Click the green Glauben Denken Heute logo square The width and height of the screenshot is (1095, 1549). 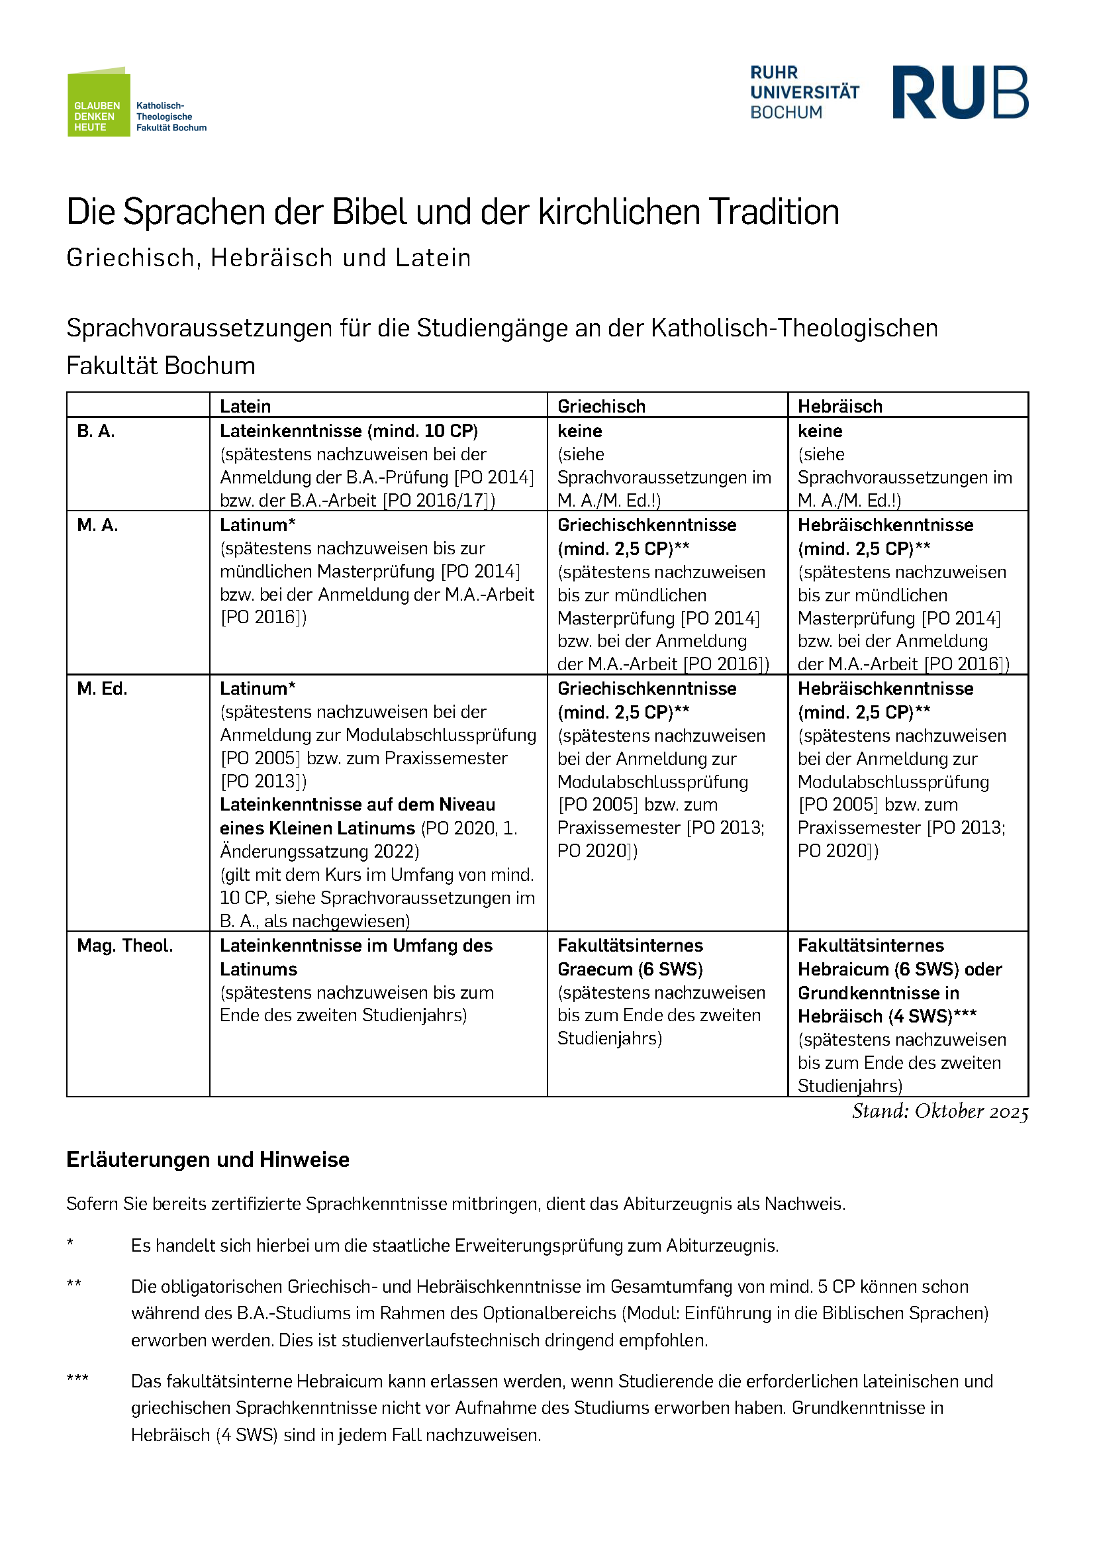coord(99,103)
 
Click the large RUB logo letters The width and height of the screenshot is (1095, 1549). coord(960,93)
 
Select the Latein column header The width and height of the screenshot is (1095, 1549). coord(246,406)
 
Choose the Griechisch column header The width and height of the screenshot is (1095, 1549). coord(601,406)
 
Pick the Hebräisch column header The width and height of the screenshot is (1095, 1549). coord(840,406)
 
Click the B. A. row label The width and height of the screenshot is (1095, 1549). coord(96,431)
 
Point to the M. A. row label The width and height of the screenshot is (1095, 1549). coord(98,525)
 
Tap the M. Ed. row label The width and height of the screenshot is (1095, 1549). coord(103,689)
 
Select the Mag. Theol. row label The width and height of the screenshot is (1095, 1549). coord(124,946)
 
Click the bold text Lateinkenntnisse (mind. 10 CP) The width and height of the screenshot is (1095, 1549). coord(349,431)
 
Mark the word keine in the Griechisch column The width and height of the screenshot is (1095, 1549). coord(580,431)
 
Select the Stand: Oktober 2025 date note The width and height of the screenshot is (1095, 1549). coord(940,1111)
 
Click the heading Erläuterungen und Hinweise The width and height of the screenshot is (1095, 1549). coord(208,1160)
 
